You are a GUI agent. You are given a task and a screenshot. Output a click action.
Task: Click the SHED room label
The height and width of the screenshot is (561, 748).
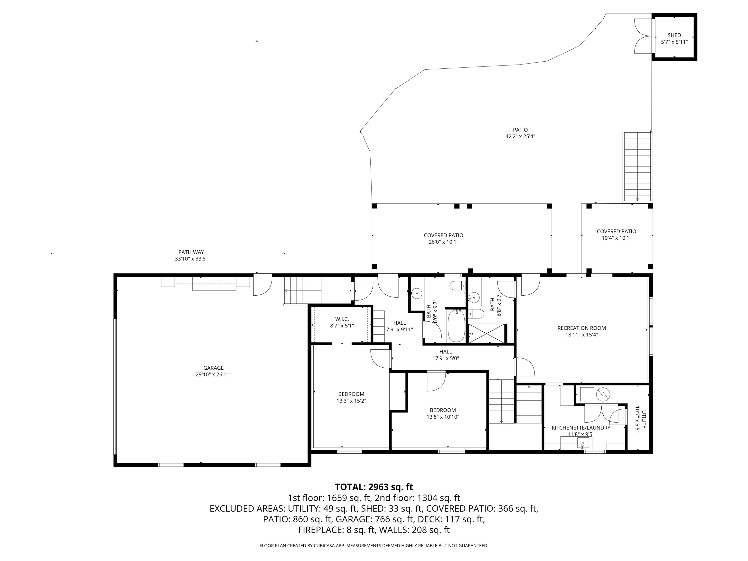[x=674, y=35]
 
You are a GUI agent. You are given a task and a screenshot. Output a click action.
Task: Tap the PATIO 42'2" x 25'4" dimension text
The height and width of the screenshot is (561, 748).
[x=520, y=137]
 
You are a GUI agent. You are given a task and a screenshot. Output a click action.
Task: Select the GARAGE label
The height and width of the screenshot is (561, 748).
[x=213, y=368]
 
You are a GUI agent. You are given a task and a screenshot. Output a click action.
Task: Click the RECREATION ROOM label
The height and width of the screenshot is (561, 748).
[x=582, y=328]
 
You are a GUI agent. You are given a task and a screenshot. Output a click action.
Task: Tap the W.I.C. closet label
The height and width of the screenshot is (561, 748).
[x=342, y=319]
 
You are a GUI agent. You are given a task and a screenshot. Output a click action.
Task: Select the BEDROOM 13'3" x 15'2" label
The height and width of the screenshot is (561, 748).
[x=351, y=394]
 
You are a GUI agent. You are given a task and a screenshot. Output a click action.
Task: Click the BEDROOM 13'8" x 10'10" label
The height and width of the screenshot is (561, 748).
[x=443, y=410]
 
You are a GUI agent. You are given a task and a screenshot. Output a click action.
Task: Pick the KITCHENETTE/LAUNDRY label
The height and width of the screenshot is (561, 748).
[x=581, y=428]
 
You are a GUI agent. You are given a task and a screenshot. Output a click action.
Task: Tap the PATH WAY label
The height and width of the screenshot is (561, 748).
[x=191, y=252]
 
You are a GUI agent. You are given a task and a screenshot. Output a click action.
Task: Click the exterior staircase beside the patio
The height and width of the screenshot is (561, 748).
[x=637, y=167]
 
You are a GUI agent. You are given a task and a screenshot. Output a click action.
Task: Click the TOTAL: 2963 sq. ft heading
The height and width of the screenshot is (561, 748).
[x=374, y=487]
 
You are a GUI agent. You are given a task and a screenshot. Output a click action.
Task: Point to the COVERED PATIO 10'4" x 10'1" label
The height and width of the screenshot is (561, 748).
[x=616, y=232]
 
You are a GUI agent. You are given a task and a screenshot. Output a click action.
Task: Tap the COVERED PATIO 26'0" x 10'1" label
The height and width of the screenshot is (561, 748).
[x=443, y=235]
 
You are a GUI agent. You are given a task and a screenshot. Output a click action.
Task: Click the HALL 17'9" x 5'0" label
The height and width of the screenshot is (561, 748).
[x=445, y=352]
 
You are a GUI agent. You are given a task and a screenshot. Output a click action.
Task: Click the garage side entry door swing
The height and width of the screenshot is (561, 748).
[x=262, y=286]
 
